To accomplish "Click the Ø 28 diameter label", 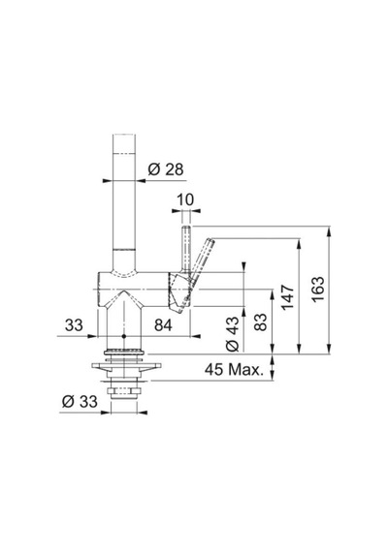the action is (x=166, y=169).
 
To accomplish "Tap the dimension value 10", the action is (x=185, y=199).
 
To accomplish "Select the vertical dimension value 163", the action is (x=318, y=289).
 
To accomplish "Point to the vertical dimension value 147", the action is (x=287, y=297).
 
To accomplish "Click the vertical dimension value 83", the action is (x=260, y=322).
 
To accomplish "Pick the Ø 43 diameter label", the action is (x=233, y=334).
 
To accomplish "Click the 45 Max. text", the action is (x=234, y=370).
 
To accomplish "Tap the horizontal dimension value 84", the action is (x=163, y=325).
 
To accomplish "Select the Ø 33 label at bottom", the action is (x=80, y=401).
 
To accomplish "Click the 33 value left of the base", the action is (x=74, y=325).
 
